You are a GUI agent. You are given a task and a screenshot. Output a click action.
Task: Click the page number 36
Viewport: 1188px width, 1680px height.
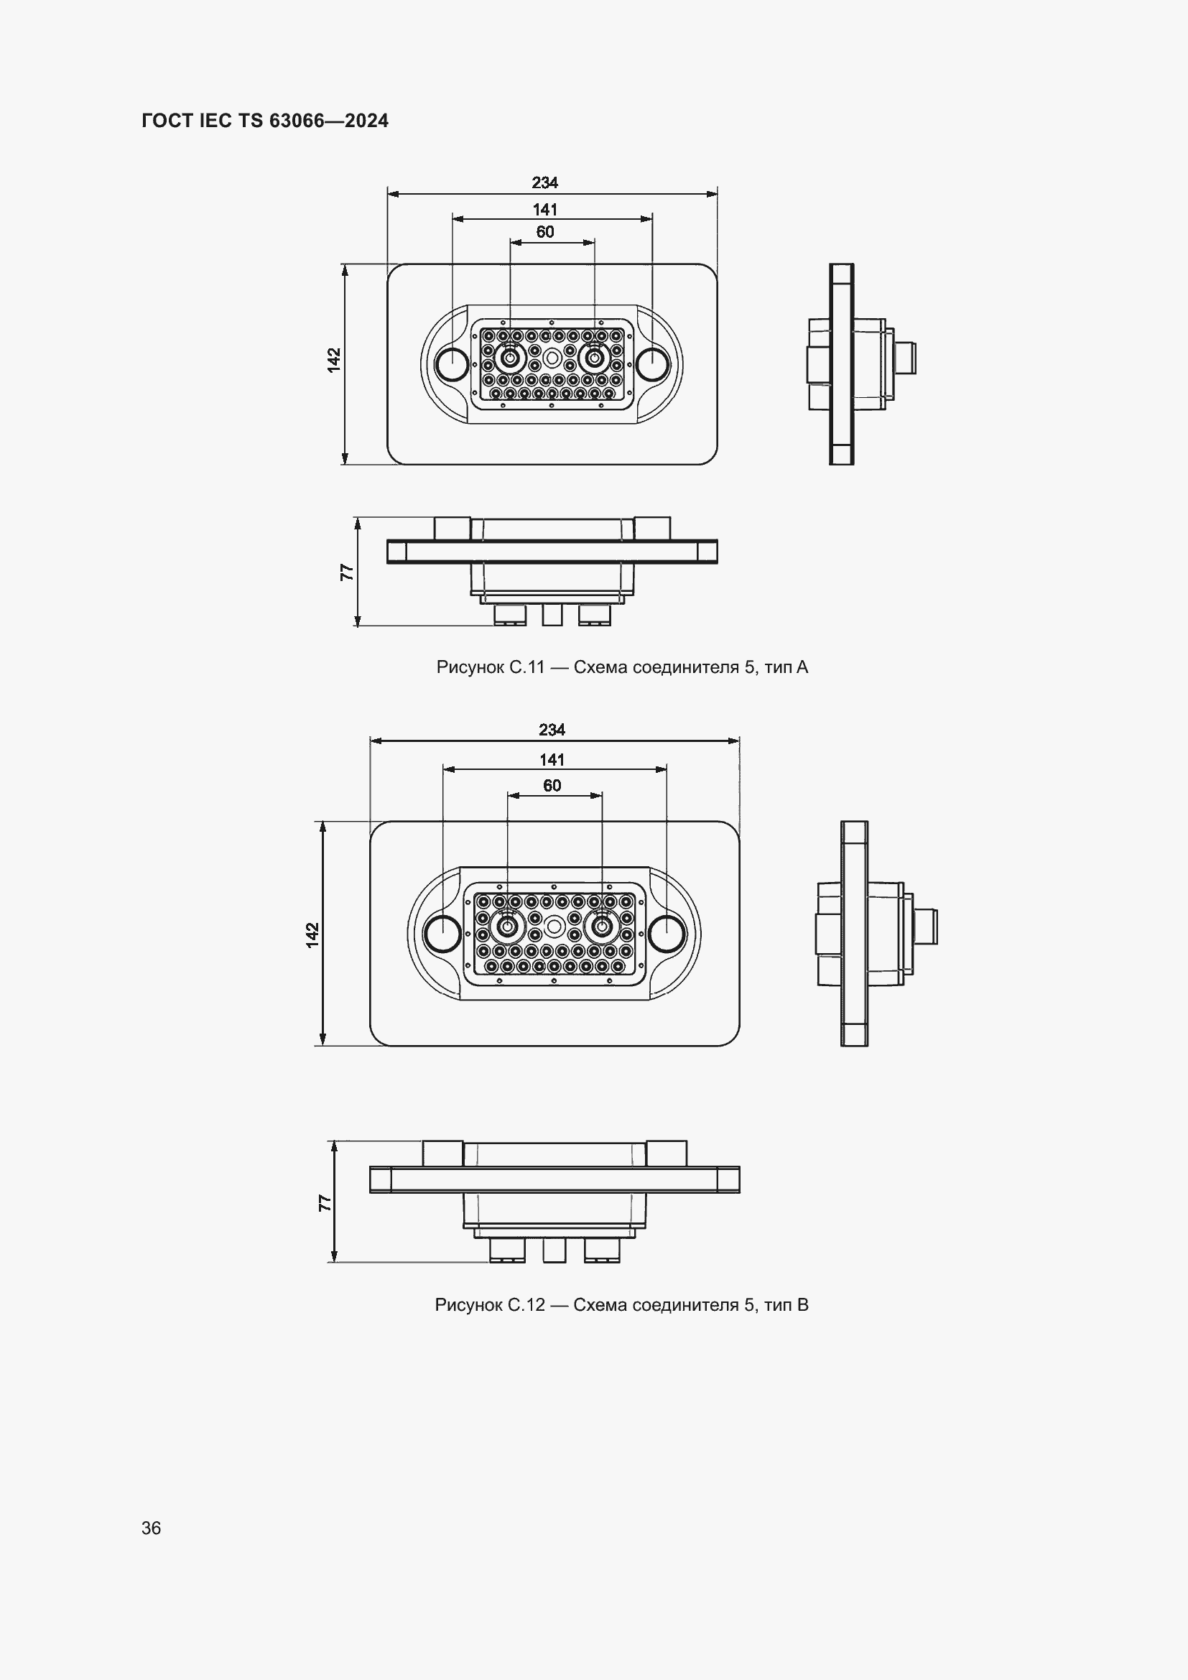coord(152,1528)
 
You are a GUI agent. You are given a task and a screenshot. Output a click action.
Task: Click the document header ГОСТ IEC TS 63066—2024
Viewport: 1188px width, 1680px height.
coord(265,121)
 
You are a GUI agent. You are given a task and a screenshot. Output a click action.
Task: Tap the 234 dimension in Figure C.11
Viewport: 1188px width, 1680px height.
coord(545,182)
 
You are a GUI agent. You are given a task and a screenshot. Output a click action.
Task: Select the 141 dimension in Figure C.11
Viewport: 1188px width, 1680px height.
coord(545,209)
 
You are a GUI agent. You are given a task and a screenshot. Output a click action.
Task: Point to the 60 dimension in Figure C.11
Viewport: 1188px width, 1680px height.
coord(545,232)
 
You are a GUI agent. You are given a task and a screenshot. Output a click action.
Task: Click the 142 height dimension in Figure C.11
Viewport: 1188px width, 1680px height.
coord(334,360)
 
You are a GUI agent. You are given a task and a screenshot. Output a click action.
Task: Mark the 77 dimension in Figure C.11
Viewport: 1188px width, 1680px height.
coord(347,572)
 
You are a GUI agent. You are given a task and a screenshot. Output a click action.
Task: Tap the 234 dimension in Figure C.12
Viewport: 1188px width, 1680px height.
coord(552,730)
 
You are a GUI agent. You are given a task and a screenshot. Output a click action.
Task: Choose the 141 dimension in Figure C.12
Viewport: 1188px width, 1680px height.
coord(552,759)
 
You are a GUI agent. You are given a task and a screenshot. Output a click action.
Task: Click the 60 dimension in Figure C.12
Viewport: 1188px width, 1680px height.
coord(552,785)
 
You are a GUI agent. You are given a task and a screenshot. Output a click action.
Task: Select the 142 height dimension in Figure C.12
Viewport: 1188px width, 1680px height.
coord(313,935)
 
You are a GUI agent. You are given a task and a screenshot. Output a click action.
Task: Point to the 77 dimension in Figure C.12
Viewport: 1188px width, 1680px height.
coord(325,1203)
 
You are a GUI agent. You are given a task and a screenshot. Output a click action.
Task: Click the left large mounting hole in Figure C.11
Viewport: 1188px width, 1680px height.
coord(452,363)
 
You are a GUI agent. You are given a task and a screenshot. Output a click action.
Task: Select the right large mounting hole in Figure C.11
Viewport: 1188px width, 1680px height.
coord(651,363)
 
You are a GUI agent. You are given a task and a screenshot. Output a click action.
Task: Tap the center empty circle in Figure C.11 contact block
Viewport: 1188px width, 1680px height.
coord(552,358)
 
